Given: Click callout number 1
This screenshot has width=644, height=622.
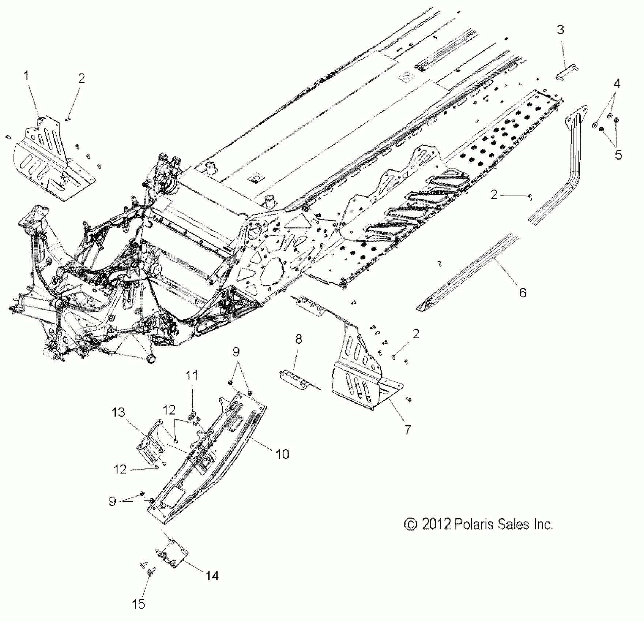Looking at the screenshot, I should point(26,76).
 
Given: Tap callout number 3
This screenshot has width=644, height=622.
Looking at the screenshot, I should point(561,30).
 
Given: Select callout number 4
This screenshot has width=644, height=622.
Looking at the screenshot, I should point(617,84).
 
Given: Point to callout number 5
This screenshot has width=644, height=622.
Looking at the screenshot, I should point(618,155).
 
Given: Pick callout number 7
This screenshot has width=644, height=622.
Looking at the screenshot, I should point(407,429).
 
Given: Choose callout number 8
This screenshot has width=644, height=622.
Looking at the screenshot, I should point(298,339).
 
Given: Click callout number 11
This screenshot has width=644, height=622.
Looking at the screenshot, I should point(192,375).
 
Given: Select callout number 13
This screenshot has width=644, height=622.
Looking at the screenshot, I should point(118,412).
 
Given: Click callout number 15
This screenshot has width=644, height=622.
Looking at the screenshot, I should point(139,604).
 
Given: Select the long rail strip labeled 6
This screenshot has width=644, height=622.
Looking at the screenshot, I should point(472,273).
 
